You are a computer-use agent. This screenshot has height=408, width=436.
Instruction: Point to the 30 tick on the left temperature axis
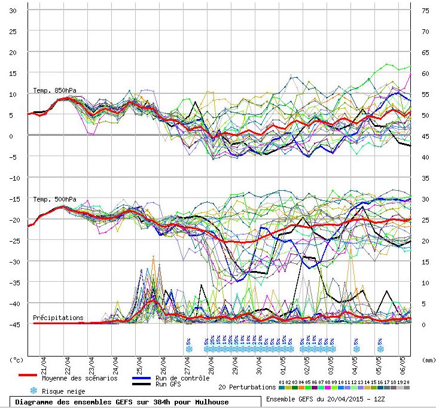click(13, 10)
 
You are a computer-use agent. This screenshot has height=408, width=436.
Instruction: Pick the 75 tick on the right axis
click(425, 10)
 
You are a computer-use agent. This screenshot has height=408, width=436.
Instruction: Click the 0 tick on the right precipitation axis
click(423, 324)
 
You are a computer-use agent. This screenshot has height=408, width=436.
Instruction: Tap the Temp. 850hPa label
click(54, 90)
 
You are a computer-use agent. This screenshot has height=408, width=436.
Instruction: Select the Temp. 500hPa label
click(54, 199)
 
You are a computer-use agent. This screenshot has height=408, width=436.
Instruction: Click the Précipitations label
click(58, 318)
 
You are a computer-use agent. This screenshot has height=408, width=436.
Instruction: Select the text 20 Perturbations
click(247, 387)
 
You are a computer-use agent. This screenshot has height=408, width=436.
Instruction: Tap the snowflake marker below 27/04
click(189, 348)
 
